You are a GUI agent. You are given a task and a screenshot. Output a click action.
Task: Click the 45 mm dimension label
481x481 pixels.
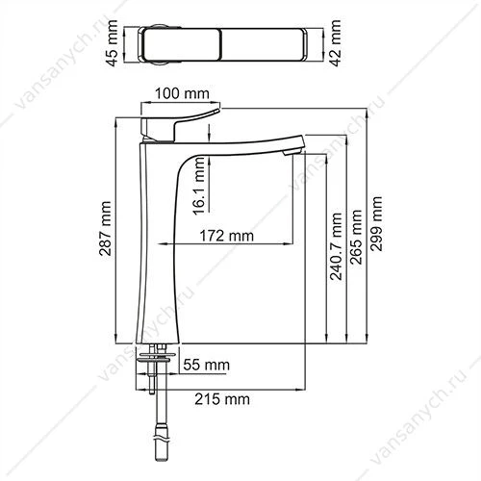[x=113, y=43]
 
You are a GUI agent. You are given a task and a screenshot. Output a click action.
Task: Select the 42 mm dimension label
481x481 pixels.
[x=336, y=42]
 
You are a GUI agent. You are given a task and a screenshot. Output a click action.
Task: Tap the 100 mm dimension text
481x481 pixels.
[x=182, y=93]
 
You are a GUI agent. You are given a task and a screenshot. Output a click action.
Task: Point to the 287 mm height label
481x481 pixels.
[x=105, y=228]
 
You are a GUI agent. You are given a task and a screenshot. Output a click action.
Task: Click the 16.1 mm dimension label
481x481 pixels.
[x=199, y=186]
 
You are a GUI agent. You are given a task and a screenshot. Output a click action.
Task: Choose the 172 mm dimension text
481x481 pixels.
[x=227, y=236]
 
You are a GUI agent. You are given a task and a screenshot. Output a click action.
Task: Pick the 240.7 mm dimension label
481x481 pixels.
[x=336, y=246]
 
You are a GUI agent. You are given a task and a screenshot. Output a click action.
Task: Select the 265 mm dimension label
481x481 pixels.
[x=356, y=238]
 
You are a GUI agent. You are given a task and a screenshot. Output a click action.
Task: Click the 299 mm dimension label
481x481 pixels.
[x=376, y=224]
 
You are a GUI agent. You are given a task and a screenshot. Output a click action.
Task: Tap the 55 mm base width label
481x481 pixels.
[x=207, y=365]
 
